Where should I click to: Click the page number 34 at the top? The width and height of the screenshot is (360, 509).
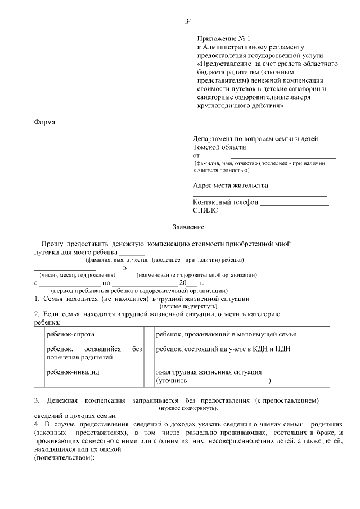pyautogui.click(x=188, y=21)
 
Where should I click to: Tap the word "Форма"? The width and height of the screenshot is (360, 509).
pyautogui.click(x=44, y=121)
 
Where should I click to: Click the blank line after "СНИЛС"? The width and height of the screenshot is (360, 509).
pyautogui.click(x=274, y=213)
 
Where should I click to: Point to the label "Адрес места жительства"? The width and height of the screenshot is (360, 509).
pyautogui.click(x=231, y=185)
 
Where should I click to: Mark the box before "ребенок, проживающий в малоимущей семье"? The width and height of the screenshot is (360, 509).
pyautogui.click(x=148, y=334)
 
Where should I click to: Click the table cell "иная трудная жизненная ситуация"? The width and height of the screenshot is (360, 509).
pyautogui.click(x=208, y=372)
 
